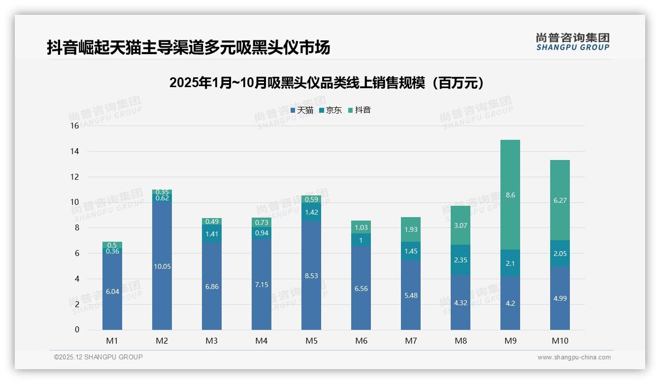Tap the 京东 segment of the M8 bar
point(460,259)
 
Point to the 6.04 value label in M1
point(112,291)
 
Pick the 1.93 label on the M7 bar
point(410,229)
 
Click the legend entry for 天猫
point(301,110)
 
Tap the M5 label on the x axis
point(311,341)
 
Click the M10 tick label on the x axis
point(560,341)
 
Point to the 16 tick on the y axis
point(74,126)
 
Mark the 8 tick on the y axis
point(76,228)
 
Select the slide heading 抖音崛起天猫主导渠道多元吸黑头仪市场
point(188,48)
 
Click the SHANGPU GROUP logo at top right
point(572,42)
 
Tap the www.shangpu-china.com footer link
point(574,357)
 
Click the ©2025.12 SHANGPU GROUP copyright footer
point(99,357)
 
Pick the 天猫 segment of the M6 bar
point(361,288)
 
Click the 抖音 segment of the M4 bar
point(262,223)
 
